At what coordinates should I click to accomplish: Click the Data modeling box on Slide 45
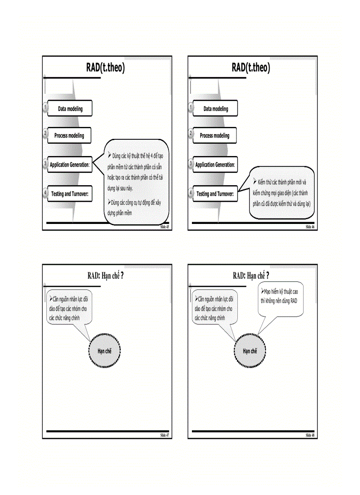[70, 109]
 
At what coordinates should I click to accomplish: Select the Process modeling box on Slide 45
[69, 136]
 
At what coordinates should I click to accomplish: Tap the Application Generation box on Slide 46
[215, 165]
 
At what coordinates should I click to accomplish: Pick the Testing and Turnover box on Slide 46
[215, 194]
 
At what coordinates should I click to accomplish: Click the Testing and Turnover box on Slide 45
[69, 194]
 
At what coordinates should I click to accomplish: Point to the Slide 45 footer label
[164, 227]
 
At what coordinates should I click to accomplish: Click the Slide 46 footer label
[310, 227]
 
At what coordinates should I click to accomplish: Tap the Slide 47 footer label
[164, 435]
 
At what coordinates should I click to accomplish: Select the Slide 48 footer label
[310, 435]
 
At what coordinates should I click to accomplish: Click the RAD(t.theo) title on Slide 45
[105, 67]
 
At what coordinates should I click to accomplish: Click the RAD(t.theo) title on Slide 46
[251, 67]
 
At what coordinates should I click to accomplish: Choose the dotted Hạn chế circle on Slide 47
[104, 351]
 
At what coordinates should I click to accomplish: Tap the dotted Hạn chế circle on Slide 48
[250, 351]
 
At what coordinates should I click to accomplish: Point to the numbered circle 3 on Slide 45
[45, 164]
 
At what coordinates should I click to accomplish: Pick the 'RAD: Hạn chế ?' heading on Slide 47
[105, 276]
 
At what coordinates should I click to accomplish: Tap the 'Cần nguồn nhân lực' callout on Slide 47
[70, 307]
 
